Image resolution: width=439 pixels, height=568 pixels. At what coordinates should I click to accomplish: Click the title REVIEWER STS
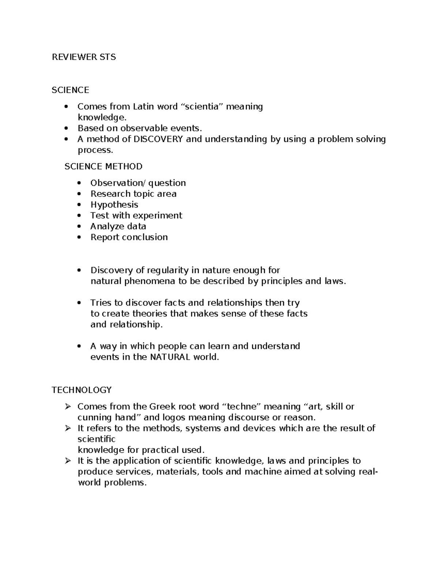pos(84,57)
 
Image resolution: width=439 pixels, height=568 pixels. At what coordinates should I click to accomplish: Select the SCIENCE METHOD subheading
pos(104,166)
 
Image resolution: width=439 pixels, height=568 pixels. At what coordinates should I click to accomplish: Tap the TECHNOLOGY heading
pos(82,390)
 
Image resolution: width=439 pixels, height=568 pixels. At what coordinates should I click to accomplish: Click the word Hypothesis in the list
pos(114,205)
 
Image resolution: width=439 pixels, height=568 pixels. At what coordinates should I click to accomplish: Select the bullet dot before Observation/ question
pos(79,183)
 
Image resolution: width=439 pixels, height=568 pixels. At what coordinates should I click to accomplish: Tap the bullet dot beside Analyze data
pos(79,227)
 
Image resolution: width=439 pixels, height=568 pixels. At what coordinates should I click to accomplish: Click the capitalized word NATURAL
pos(170,357)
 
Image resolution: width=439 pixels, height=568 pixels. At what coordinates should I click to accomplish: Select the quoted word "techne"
pos(242,407)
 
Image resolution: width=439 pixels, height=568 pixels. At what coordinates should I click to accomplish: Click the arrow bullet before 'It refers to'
pos(68,428)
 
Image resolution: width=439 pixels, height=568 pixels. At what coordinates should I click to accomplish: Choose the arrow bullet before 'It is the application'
pos(68,461)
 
